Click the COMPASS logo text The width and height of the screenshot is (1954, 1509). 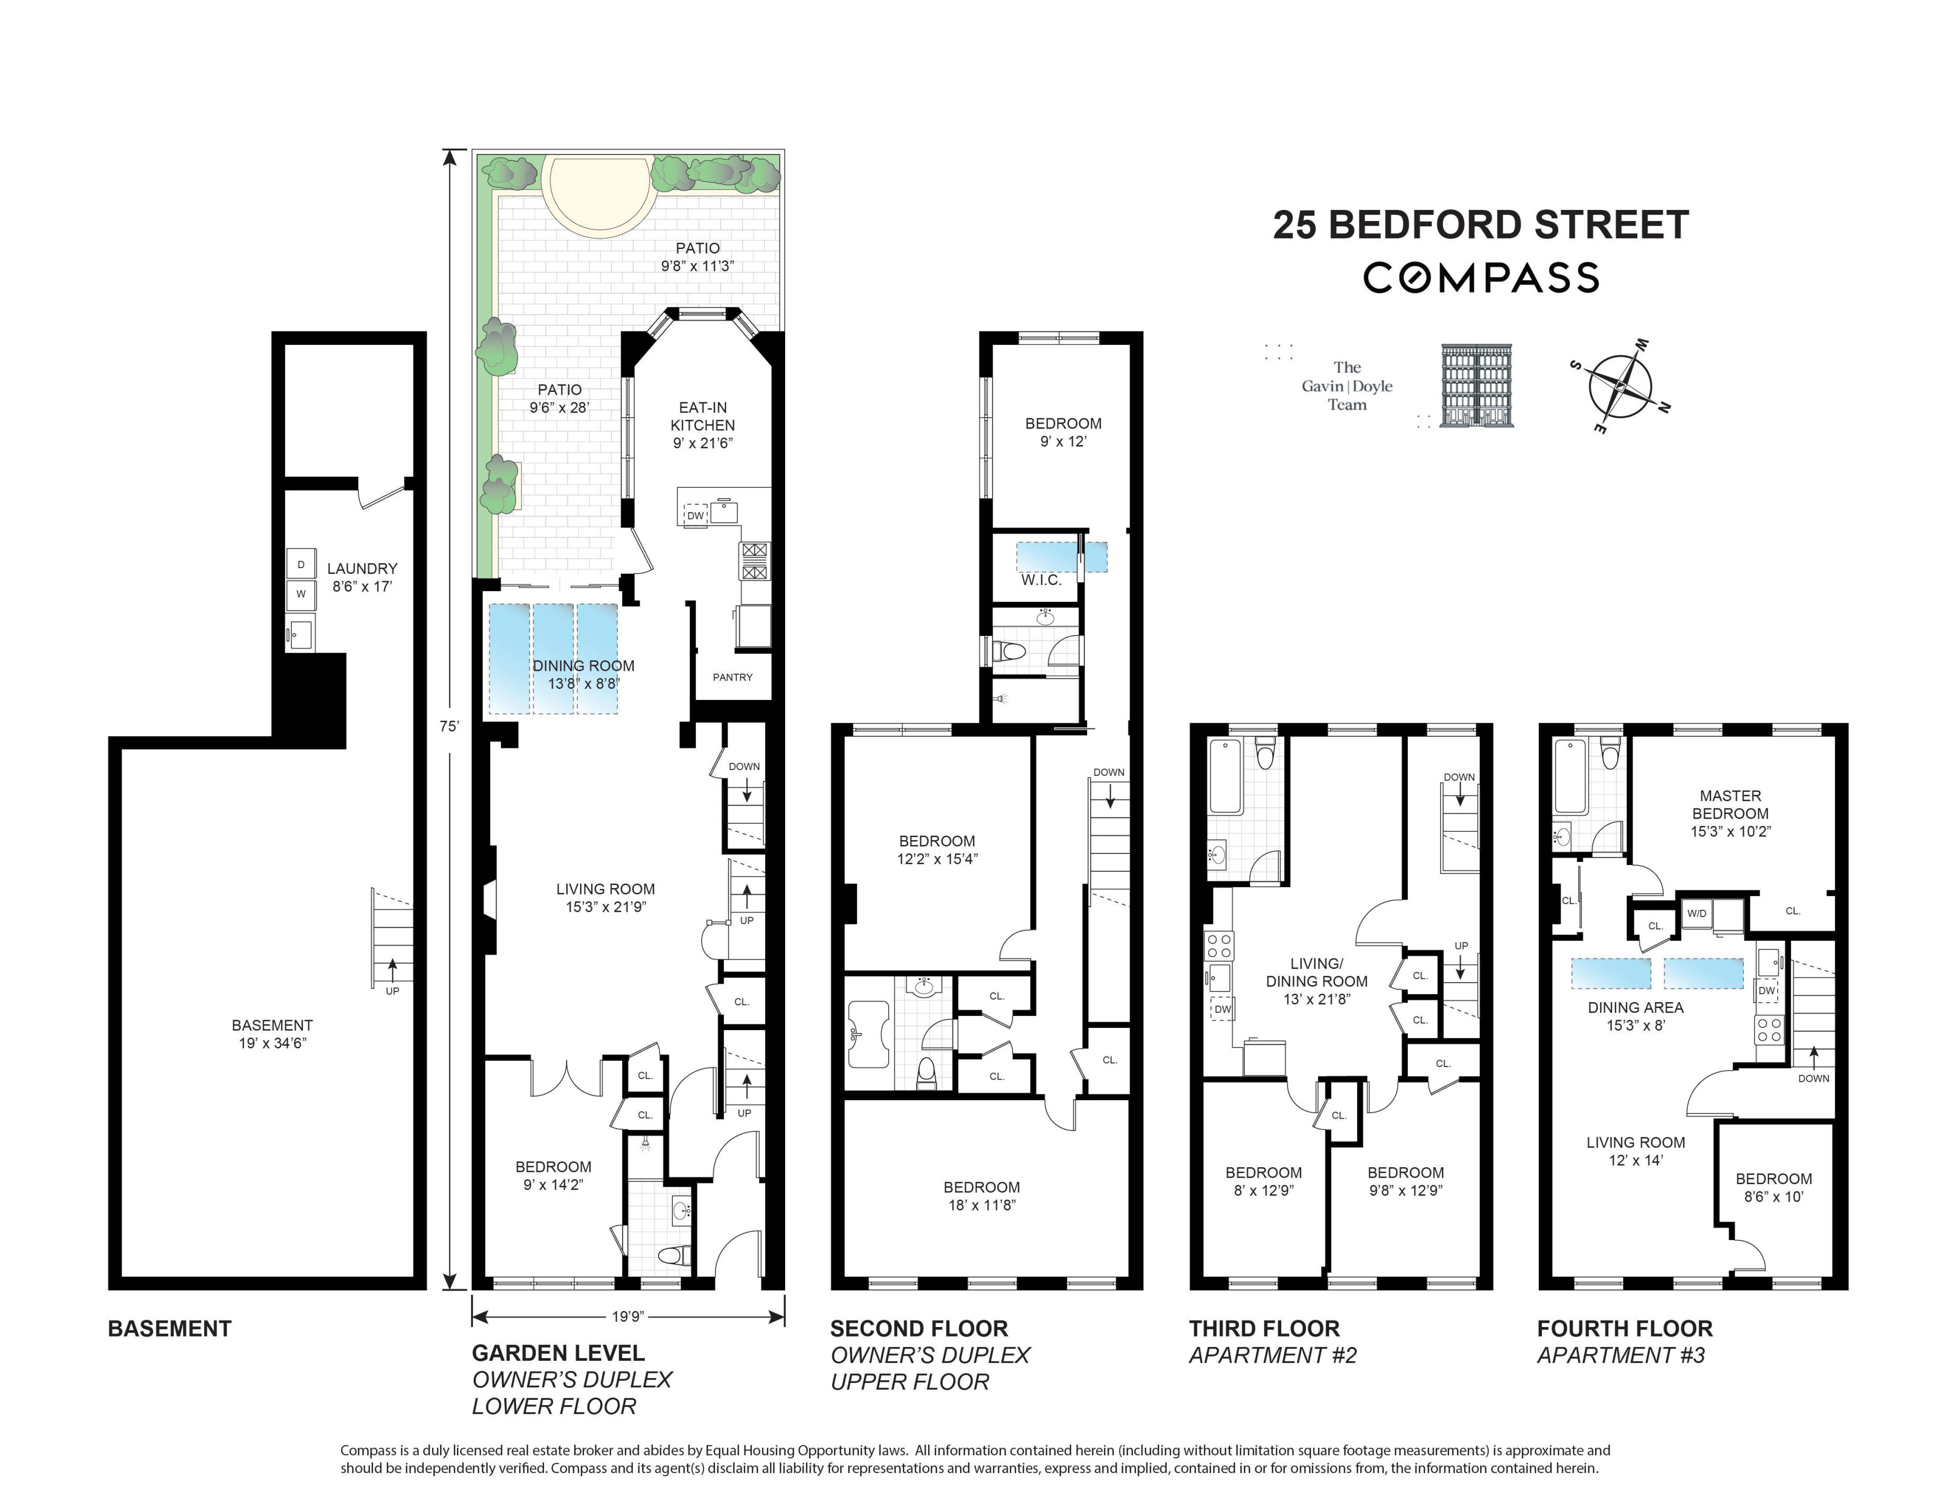(x=1481, y=277)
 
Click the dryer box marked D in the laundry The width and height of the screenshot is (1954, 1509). (x=301, y=564)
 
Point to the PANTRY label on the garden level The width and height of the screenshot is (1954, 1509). (x=732, y=677)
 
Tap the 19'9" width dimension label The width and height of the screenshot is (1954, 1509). (x=627, y=1316)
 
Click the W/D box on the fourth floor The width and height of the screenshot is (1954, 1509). (x=1696, y=914)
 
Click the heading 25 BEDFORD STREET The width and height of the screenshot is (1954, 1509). (x=1481, y=225)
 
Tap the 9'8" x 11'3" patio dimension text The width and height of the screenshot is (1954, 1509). (x=697, y=266)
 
